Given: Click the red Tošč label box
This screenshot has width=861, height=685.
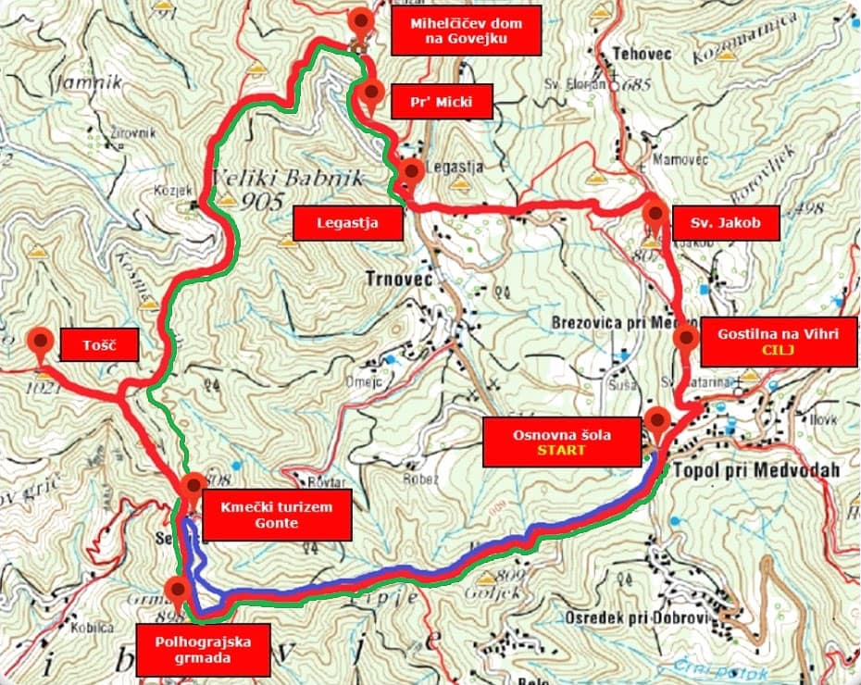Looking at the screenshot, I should (99, 345).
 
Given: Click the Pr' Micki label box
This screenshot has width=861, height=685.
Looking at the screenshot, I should (443, 102).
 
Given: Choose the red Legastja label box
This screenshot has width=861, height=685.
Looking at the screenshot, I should (347, 223).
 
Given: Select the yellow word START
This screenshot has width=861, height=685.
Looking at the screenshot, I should (563, 450).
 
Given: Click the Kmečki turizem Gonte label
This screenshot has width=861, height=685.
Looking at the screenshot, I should (276, 515).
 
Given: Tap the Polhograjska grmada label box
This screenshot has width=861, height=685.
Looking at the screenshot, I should (203, 648).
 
